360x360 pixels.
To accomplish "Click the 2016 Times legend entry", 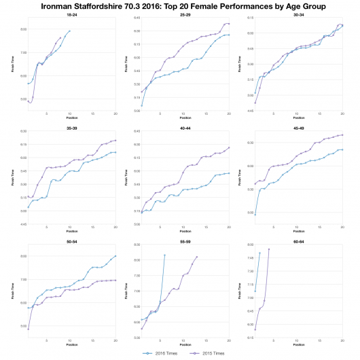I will [x=160, y=353].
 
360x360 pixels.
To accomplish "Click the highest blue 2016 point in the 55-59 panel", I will [x=164, y=255].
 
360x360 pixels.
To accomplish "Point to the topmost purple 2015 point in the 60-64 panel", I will [x=269, y=249].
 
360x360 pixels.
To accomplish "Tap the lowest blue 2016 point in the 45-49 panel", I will [x=255, y=214].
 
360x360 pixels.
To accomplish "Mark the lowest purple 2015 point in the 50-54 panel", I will [x=29, y=329].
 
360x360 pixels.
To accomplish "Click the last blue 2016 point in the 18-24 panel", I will [x=69, y=31].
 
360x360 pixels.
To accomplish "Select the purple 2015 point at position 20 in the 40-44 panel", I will [x=229, y=148].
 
